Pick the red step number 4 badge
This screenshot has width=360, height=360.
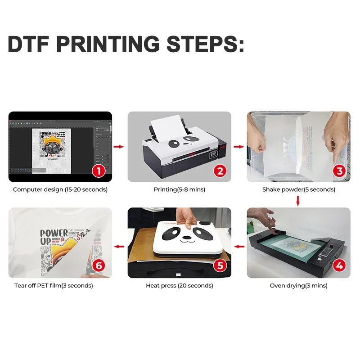pyautogui.click(x=339, y=265)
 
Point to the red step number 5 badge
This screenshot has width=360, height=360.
pyautogui.click(x=219, y=265)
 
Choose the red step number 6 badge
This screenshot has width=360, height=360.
pyautogui.click(x=99, y=265)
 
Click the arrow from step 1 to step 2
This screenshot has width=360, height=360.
pyautogui.click(x=119, y=146)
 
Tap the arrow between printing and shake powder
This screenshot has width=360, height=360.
pyautogui.click(x=238, y=146)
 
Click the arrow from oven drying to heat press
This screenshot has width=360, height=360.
pyautogui.click(x=238, y=246)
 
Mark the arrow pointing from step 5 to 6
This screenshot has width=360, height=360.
pyautogui.click(x=119, y=246)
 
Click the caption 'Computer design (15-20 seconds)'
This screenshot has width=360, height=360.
pyautogui.click(x=60, y=189)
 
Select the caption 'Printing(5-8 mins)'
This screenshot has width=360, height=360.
pyautogui.click(x=179, y=189)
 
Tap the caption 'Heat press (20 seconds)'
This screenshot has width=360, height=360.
pyautogui.click(x=179, y=285)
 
